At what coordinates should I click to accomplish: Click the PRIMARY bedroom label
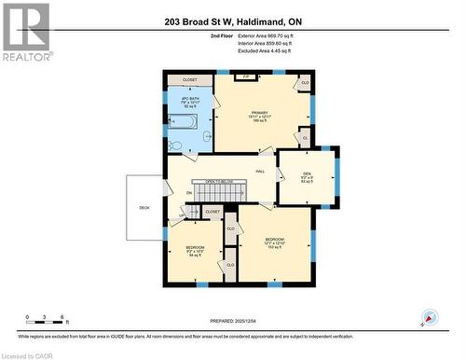point(259,116)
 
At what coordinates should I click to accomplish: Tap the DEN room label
point(306,175)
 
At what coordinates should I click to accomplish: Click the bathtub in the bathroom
point(183,120)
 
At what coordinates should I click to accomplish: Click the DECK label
point(144,207)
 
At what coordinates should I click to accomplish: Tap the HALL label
point(261,172)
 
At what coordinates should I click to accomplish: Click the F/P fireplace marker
point(246,76)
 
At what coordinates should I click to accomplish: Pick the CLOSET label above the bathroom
point(190,81)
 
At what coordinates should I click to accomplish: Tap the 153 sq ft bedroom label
point(274,242)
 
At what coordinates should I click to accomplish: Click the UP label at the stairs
point(182,216)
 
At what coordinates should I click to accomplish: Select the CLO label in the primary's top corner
point(304,83)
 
